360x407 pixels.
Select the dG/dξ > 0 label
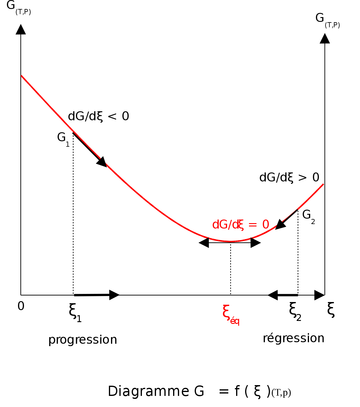(x=289, y=179)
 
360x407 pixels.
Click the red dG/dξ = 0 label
(x=241, y=225)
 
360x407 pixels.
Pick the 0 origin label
(x=21, y=306)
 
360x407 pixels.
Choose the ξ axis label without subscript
(x=331, y=310)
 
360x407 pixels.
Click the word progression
(x=81, y=340)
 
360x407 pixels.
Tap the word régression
(x=291, y=338)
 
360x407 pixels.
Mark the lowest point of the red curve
(x=230, y=241)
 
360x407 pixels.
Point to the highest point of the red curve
(x=22, y=76)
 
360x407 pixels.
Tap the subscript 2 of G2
(x=313, y=222)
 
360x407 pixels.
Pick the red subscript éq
(x=235, y=321)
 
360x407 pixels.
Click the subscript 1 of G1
(x=67, y=145)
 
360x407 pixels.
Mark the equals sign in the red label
(x=253, y=225)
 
